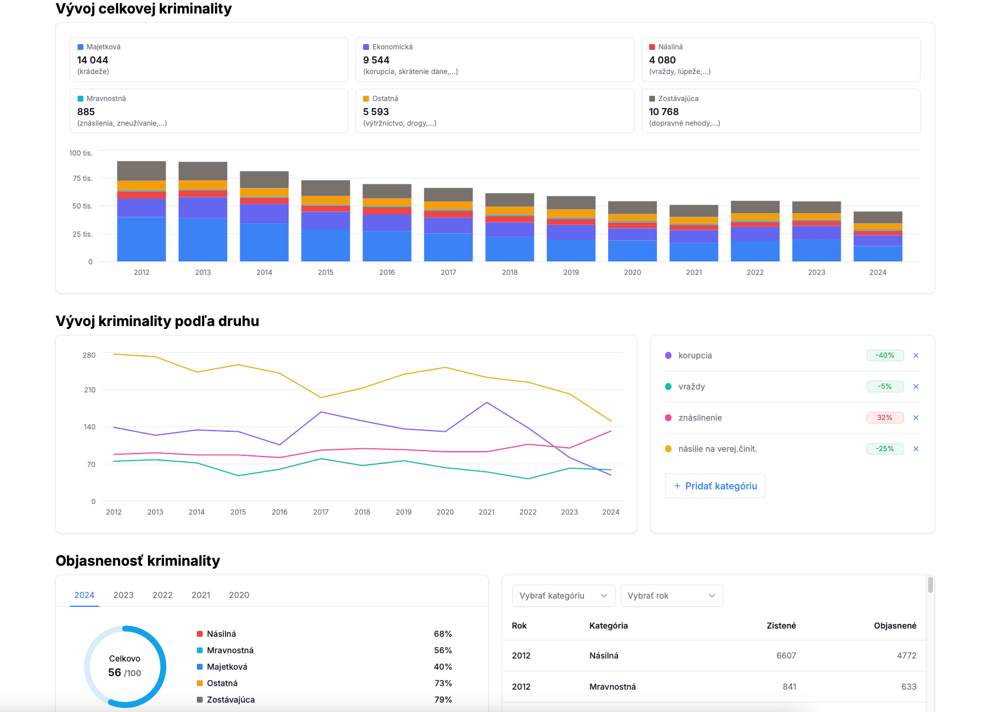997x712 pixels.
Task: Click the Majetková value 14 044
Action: pyautogui.click(x=93, y=60)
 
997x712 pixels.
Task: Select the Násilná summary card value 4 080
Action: pyautogui.click(x=662, y=60)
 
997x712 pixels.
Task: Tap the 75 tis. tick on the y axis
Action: pyautogui.click(x=82, y=179)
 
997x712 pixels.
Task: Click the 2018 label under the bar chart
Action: pyautogui.click(x=509, y=273)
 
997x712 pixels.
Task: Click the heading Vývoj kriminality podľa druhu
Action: pyautogui.click(x=157, y=321)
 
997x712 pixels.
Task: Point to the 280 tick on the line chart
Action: pyautogui.click(x=89, y=355)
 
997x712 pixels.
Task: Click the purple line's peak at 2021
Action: pyautogui.click(x=486, y=403)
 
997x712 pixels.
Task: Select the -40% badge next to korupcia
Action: pyautogui.click(x=885, y=355)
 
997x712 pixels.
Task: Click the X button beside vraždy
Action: pyautogui.click(x=916, y=387)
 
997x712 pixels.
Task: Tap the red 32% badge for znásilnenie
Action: pyautogui.click(x=885, y=418)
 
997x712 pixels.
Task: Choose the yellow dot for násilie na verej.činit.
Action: pyautogui.click(x=668, y=449)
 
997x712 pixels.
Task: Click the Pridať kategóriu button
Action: pyautogui.click(x=715, y=486)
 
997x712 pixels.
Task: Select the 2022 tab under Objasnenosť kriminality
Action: pyautogui.click(x=162, y=595)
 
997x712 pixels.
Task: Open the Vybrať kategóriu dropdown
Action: pyautogui.click(x=563, y=596)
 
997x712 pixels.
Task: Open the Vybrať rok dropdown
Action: pyautogui.click(x=672, y=596)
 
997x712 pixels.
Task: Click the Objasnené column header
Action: pyautogui.click(x=895, y=626)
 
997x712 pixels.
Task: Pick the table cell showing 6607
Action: pyautogui.click(x=786, y=656)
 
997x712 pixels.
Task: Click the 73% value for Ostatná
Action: pyautogui.click(x=443, y=683)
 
